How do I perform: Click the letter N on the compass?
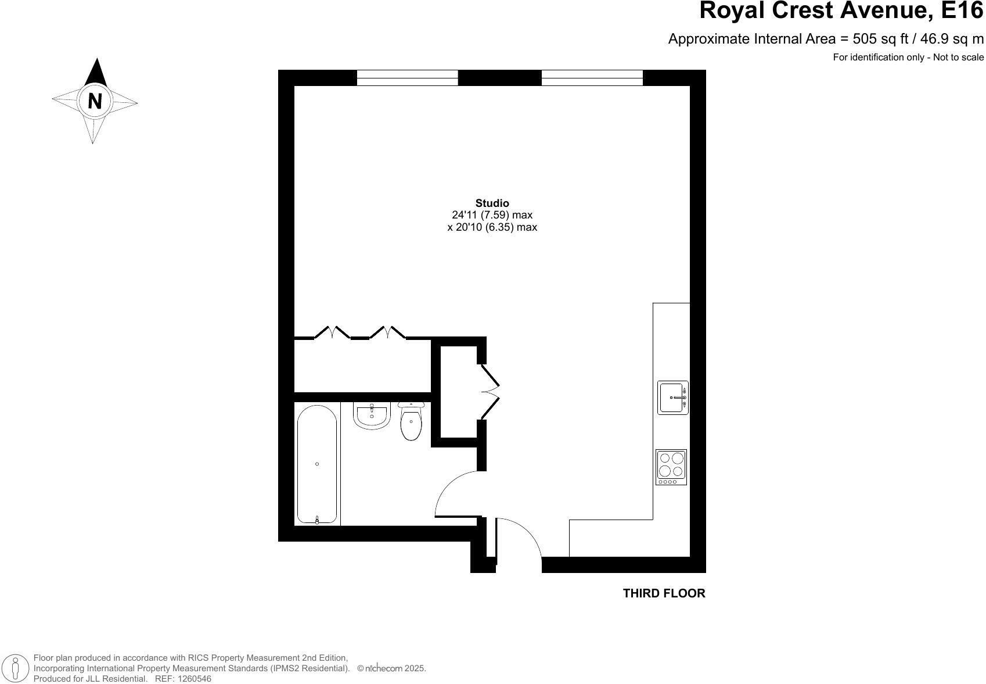[95, 101]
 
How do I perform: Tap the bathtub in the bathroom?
[317, 464]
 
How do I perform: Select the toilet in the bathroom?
[411, 422]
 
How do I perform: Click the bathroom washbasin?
[372, 416]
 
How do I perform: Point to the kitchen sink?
[672, 397]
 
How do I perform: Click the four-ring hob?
[671, 467]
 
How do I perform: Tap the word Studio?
[492, 203]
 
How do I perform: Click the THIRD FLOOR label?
[664, 593]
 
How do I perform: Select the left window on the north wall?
[407, 78]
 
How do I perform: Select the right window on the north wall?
[592, 78]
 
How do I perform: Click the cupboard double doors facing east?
[490, 391]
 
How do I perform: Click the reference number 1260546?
[195, 679]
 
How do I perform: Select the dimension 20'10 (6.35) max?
[492, 227]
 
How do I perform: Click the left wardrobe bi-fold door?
[332, 333]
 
